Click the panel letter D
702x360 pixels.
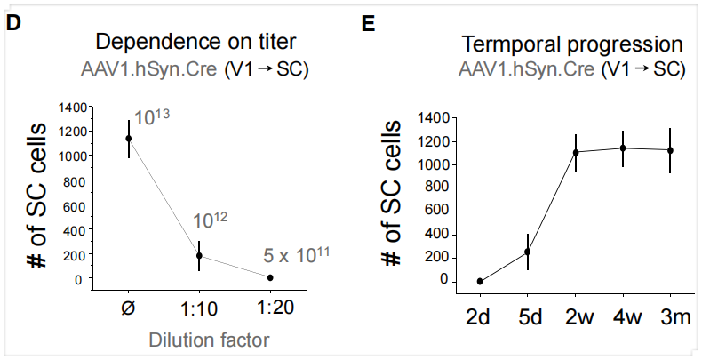13,23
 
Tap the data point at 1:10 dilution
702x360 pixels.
198,255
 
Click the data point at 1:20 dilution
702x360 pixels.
270,277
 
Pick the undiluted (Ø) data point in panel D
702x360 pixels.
129,138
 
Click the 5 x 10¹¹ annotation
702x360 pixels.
297,255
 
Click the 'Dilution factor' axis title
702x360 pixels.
200,339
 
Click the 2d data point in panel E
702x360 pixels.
480,281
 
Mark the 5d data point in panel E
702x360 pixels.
527,252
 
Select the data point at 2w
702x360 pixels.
576,152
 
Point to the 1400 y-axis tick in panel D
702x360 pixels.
74,108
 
